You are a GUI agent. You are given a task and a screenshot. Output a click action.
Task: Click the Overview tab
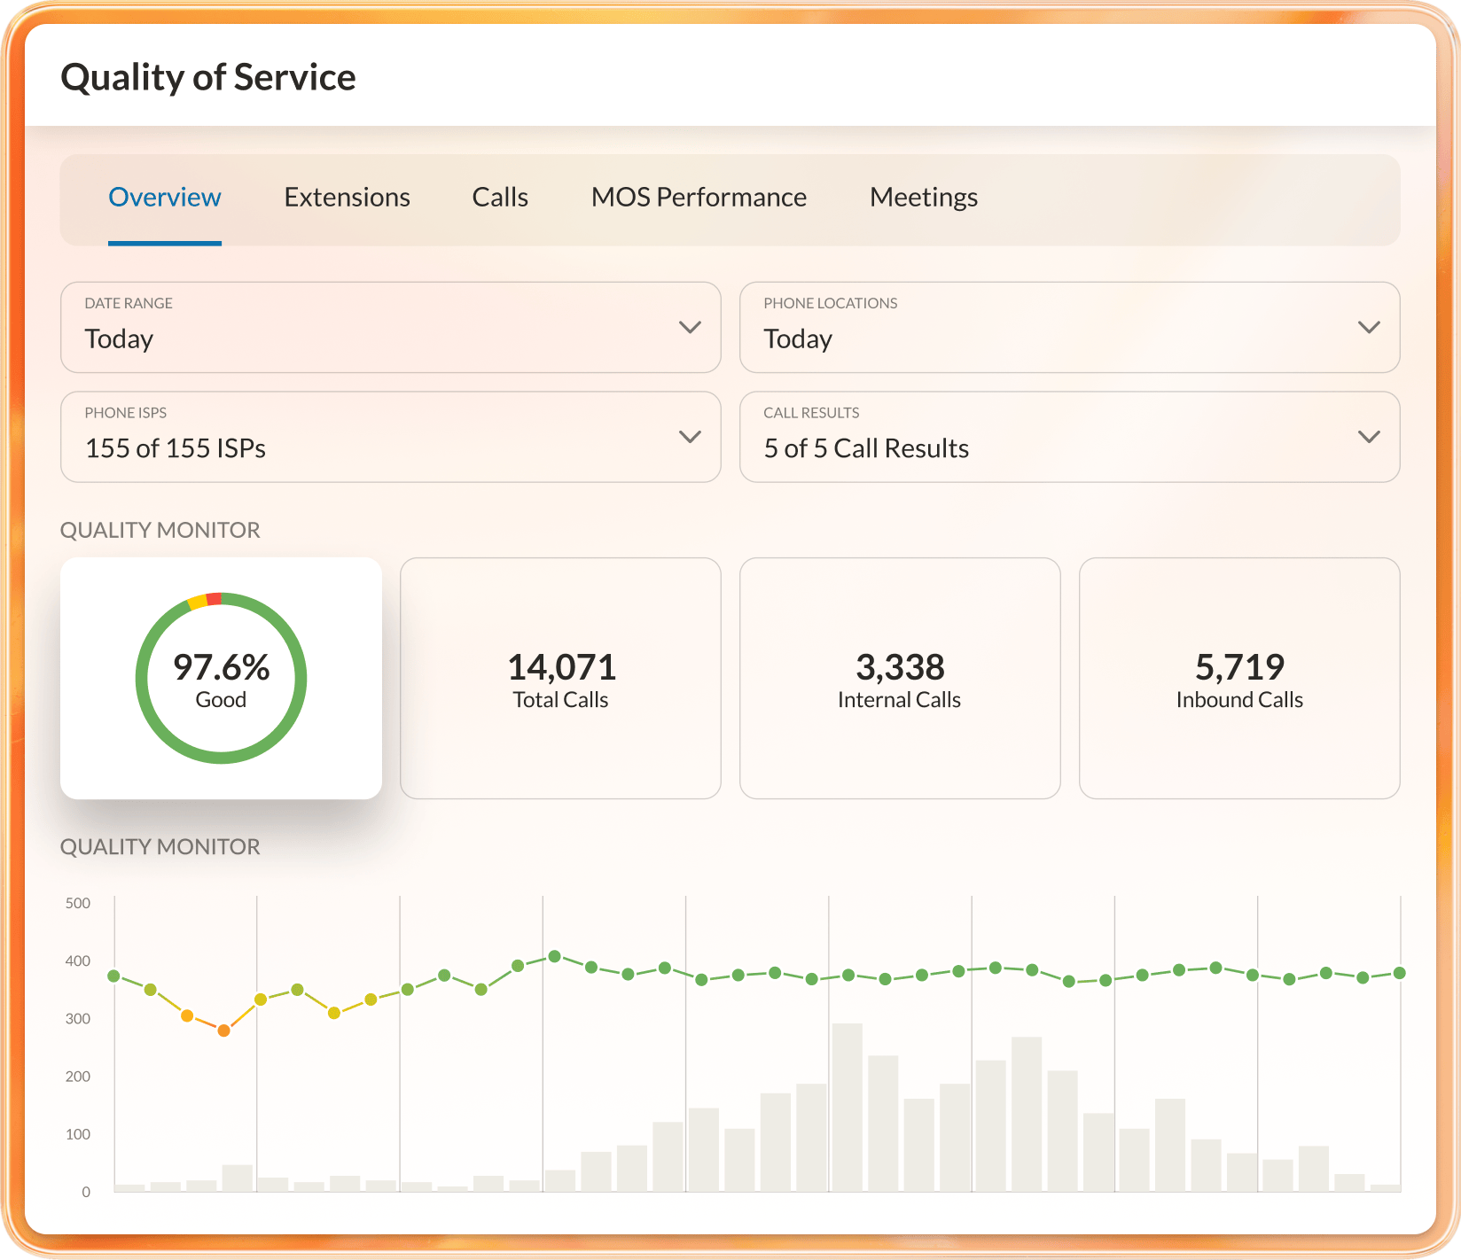click(165, 197)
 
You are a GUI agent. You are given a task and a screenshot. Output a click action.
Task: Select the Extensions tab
click(347, 197)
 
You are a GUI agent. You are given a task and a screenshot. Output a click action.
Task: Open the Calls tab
click(500, 197)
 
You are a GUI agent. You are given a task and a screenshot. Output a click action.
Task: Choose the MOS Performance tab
click(699, 197)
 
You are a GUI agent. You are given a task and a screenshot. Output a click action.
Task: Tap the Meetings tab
click(924, 197)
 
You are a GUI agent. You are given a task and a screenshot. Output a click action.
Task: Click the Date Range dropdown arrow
click(690, 327)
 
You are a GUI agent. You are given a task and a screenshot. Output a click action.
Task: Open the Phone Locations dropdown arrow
click(1369, 327)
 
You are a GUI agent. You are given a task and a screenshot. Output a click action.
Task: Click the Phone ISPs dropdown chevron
click(690, 437)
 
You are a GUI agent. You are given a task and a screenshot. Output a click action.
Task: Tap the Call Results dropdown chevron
click(1369, 437)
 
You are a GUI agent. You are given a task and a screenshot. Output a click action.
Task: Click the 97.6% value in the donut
click(222, 667)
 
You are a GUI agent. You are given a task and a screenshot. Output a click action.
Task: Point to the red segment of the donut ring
click(214, 599)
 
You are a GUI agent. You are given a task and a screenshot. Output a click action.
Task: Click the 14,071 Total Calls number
click(561, 667)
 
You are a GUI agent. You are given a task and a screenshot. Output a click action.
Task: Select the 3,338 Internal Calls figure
click(900, 667)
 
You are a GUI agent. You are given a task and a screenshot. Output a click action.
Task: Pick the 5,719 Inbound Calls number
click(1239, 667)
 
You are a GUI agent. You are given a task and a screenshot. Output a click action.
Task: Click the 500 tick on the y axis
click(78, 904)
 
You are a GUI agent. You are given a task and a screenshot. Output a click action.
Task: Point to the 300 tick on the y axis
click(78, 1019)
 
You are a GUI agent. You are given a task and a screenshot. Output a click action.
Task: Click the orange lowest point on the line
click(223, 1031)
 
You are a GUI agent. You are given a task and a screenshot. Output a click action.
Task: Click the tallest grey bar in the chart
click(848, 1107)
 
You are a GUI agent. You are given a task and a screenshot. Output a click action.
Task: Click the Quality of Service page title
click(208, 77)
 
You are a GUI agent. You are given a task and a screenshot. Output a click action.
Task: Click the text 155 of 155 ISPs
click(176, 448)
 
